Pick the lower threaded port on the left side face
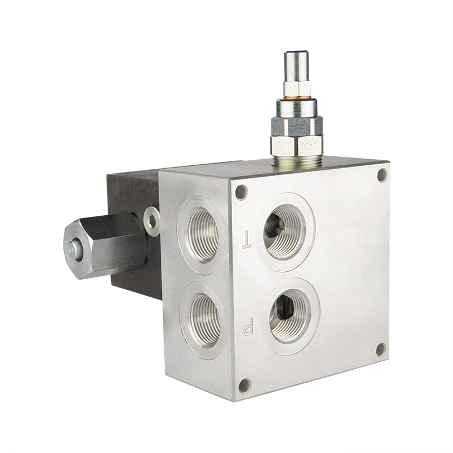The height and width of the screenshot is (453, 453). [206, 320]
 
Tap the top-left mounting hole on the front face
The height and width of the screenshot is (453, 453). [241, 192]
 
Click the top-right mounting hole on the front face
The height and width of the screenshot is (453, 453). [382, 175]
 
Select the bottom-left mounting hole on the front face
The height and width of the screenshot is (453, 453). [245, 386]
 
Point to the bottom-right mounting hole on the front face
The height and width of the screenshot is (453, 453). [381, 350]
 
